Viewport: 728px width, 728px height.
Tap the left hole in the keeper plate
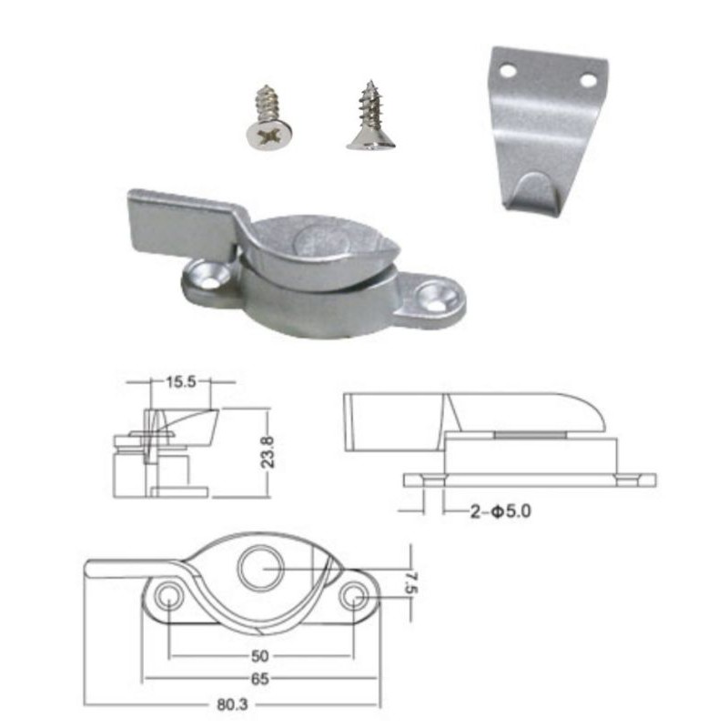click(507, 71)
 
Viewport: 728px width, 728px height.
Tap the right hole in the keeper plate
click(588, 80)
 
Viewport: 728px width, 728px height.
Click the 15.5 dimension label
click(181, 382)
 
